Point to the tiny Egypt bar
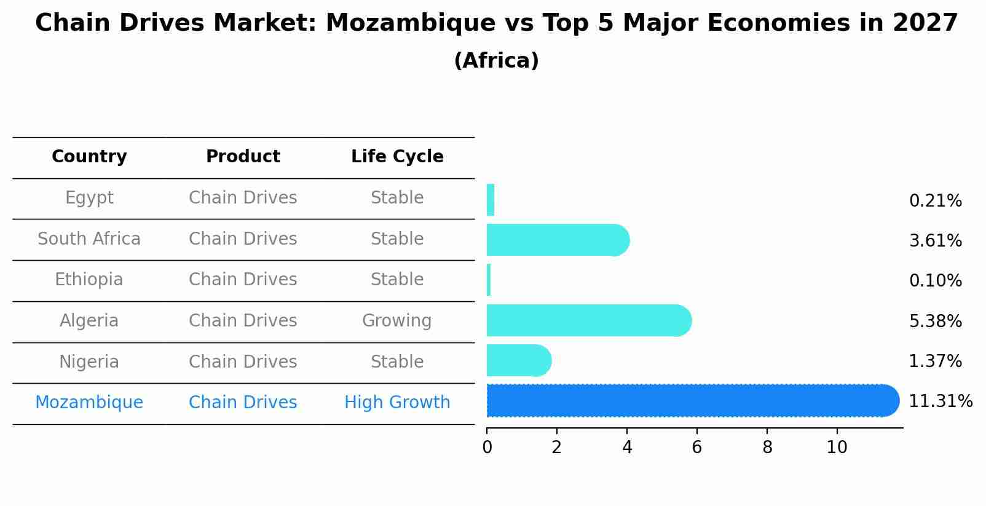(491, 200)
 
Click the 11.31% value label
(940, 401)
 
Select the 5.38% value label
(935, 321)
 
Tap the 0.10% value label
(935, 281)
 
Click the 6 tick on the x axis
(696, 447)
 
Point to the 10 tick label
(837, 447)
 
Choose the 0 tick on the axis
(487, 447)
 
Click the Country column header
(89, 157)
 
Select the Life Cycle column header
(397, 157)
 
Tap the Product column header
(243, 157)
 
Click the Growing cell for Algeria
(396, 321)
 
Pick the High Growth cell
(397, 403)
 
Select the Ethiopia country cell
(89, 280)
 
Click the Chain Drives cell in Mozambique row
(243, 403)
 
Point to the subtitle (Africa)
(496, 61)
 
